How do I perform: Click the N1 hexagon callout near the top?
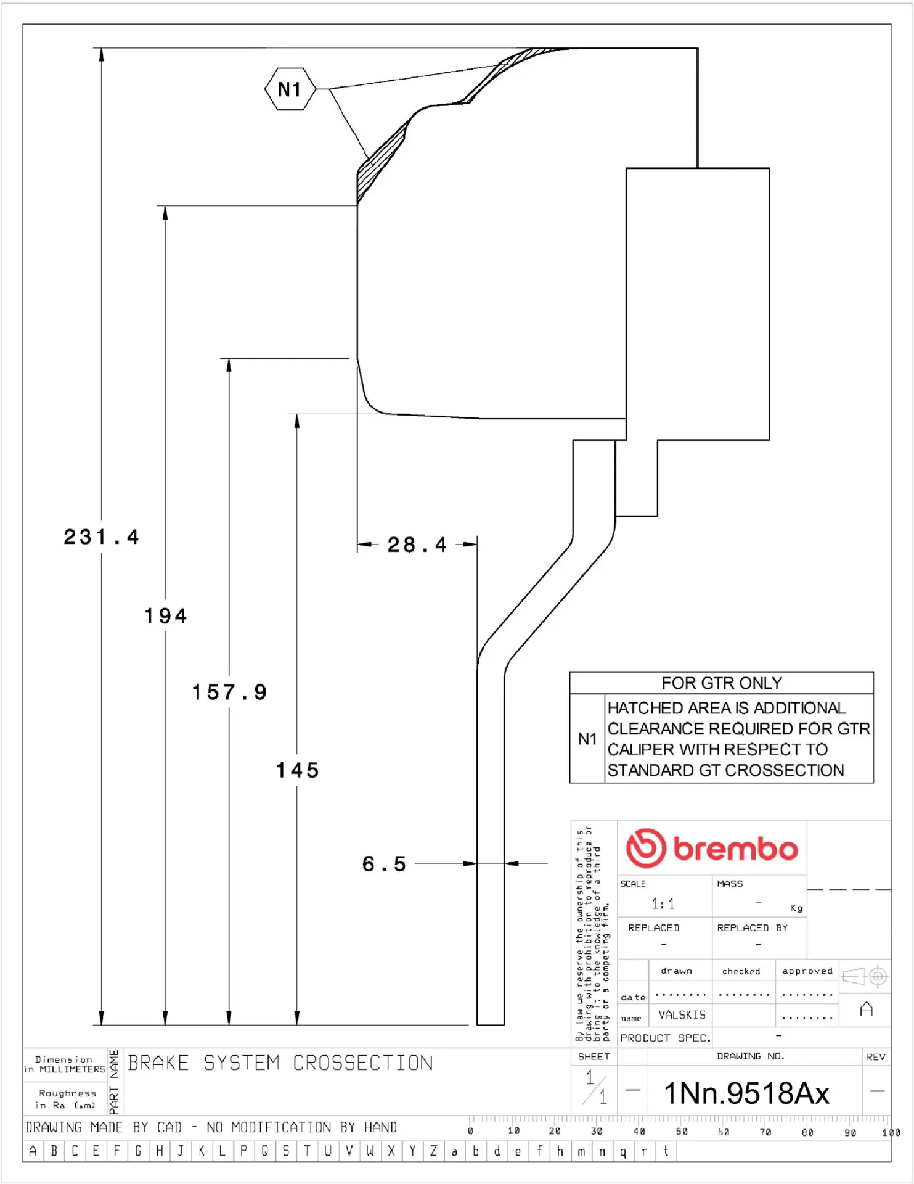[290, 89]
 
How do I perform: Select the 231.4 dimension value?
[102, 537]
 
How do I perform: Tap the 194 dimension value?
[166, 615]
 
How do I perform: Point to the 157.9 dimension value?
[229, 693]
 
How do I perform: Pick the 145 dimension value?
[297, 770]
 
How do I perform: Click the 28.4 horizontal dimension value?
[417, 545]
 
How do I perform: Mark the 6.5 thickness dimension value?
[384, 864]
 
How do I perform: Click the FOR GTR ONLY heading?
[722, 683]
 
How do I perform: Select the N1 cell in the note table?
[587, 739]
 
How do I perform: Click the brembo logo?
[712, 849]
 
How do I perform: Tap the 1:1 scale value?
[663, 904]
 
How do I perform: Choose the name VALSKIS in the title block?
[682, 1015]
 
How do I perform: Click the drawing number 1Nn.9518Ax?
[746, 1093]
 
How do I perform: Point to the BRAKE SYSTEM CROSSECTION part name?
[280, 1063]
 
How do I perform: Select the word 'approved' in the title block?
[807, 971]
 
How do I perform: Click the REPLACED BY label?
[752, 928]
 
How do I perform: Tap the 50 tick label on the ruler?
[682, 1132]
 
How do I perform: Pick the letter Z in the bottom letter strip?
[433, 1151]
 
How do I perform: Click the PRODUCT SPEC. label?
[665, 1038]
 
